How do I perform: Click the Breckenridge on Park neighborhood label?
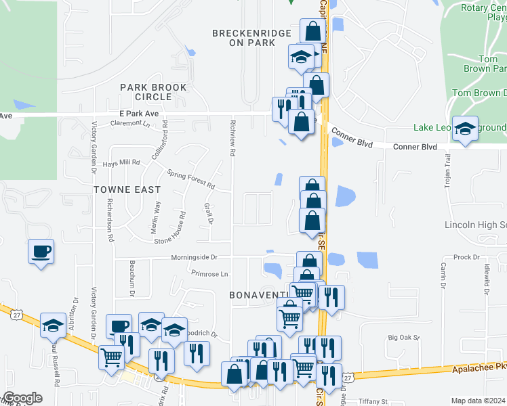click(243, 37)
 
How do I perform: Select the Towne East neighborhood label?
click(128, 190)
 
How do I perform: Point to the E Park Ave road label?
click(138, 113)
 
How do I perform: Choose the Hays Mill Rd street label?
click(120, 162)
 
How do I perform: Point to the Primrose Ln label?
click(209, 274)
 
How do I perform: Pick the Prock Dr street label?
click(466, 257)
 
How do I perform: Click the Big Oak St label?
click(404, 337)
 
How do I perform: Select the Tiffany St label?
click(372, 401)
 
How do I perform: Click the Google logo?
click(23, 398)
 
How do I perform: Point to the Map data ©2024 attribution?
click(478, 401)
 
